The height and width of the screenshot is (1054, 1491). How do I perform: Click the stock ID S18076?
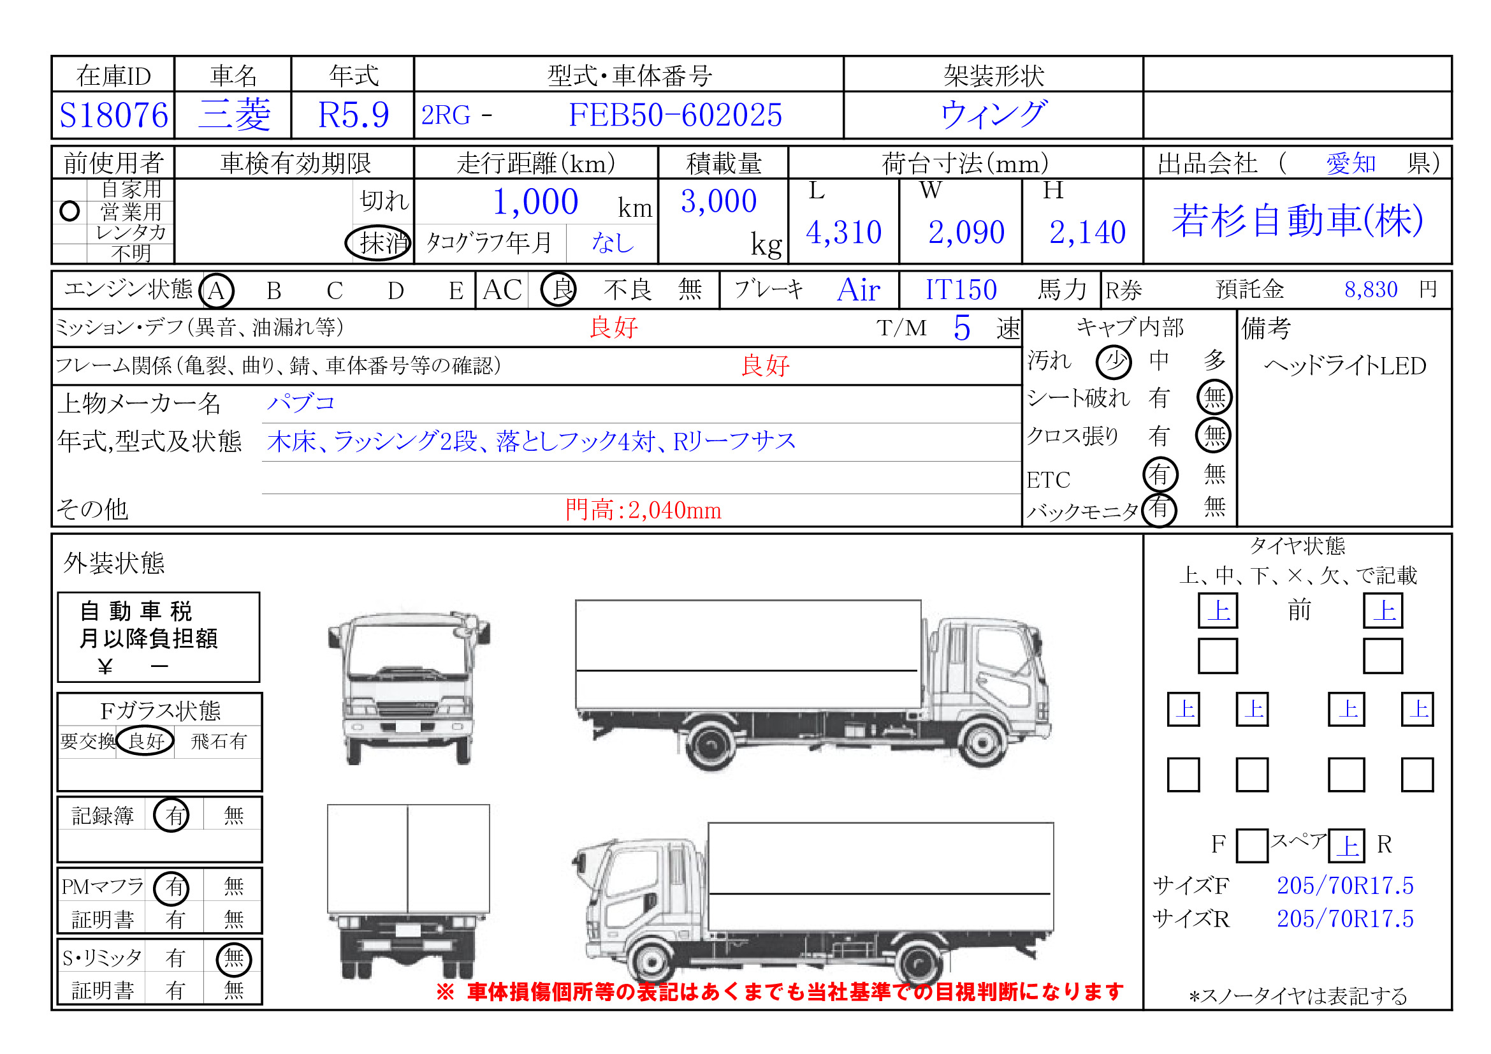(113, 115)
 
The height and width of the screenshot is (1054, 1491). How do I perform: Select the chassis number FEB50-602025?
(674, 115)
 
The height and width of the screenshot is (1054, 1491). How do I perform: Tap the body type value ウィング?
(993, 114)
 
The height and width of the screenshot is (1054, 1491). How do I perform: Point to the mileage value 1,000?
(535, 201)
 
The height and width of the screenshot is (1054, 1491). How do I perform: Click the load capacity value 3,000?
(718, 201)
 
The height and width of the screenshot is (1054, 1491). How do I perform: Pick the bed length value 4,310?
(843, 232)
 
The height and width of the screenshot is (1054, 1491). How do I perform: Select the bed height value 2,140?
(1087, 232)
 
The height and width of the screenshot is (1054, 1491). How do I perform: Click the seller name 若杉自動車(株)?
(1297, 220)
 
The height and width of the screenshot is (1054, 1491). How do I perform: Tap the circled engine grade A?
(216, 290)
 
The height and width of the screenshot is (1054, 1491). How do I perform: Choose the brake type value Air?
(859, 289)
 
